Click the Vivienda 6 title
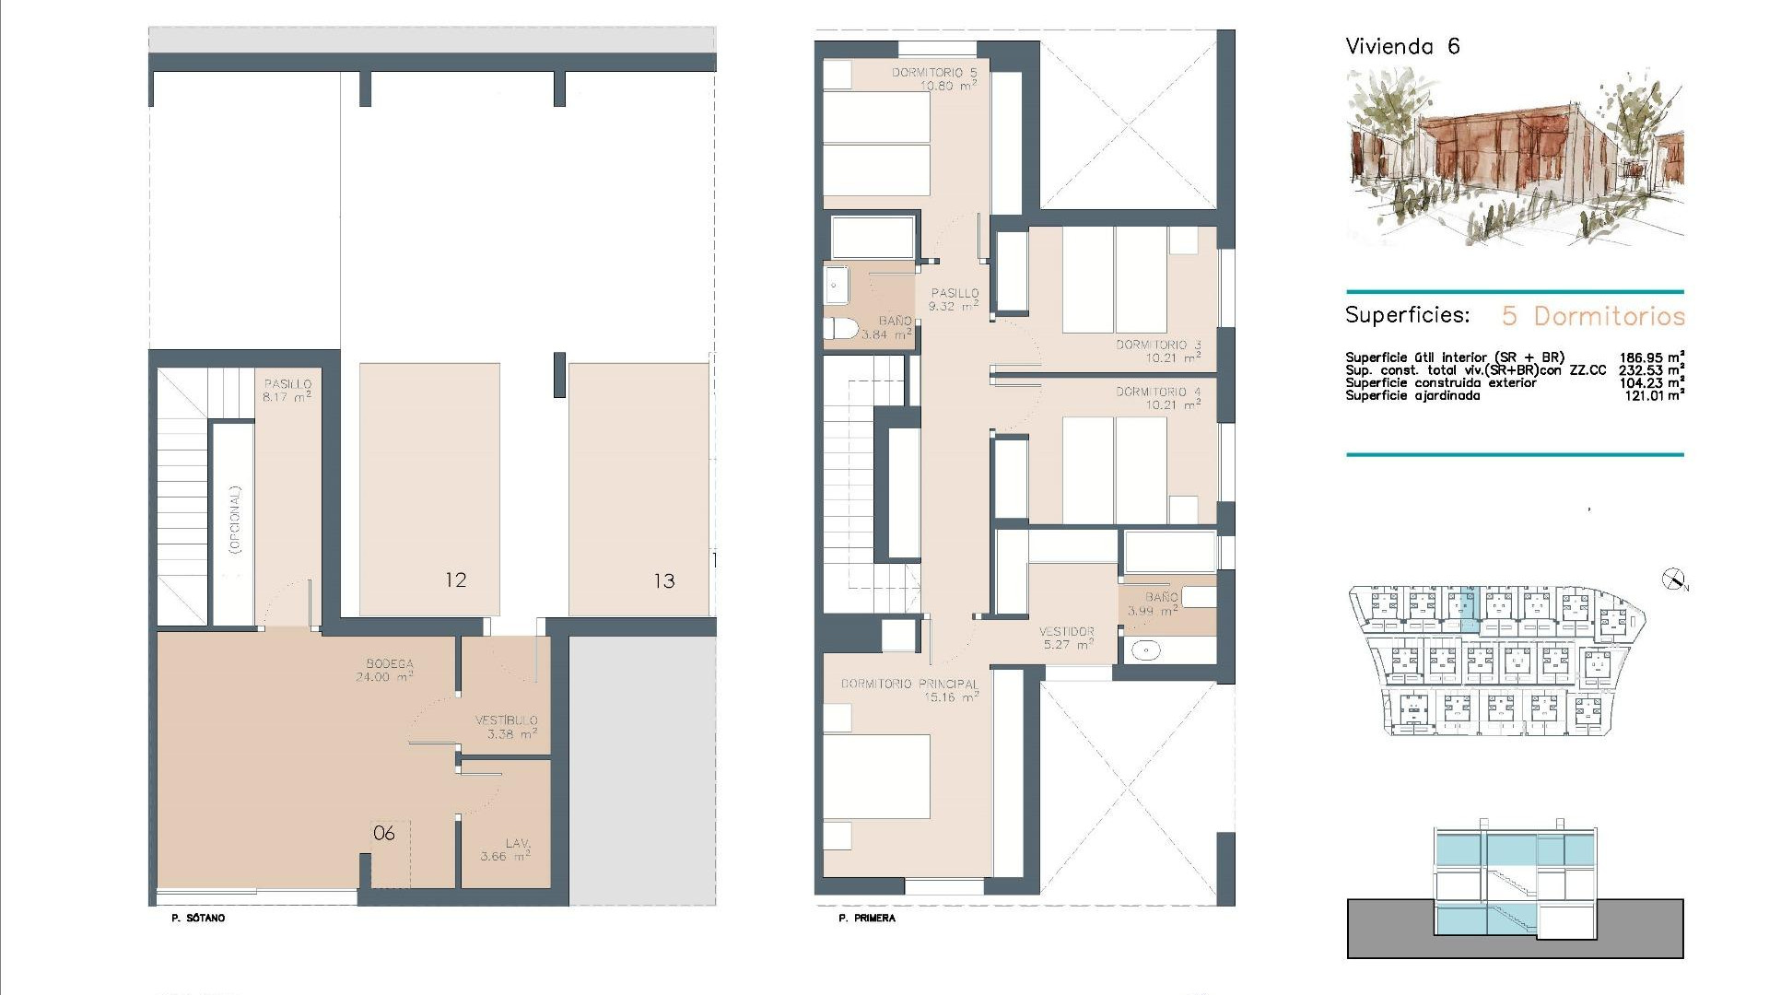pos(1402,47)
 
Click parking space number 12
pos(455,580)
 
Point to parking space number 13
pos(664,581)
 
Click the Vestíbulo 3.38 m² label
pos(506,727)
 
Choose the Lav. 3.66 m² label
pos(506,849)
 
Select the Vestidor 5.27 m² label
pos(1066,638)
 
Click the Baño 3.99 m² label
pos(1154,603)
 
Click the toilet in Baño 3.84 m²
pos(840,330)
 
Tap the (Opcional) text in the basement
pos(235,519)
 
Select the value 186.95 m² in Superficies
pos(1651,357)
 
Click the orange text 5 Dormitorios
pos(1593,316)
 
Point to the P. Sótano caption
pos(198,919)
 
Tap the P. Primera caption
pos(866,919)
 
